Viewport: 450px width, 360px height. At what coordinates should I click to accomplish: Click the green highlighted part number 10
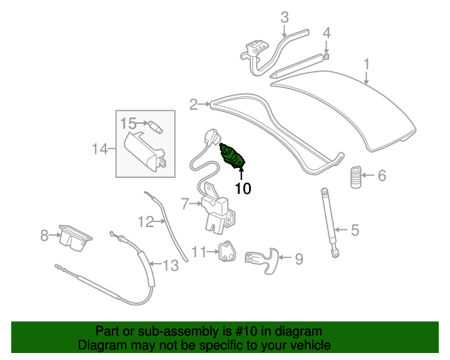click(233, 157)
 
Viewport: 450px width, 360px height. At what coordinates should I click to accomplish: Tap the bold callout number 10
click(243, 188)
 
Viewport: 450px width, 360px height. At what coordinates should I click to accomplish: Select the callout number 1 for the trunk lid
click(366, 65)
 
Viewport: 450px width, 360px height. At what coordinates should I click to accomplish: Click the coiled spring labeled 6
click(356, 177)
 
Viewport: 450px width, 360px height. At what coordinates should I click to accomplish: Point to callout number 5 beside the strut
click(355, 230)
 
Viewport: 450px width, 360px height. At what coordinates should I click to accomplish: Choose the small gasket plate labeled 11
click(227, 252)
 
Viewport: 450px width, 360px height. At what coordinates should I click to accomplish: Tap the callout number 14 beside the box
click(100, 149)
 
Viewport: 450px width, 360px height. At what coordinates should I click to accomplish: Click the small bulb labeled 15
click(155, 127)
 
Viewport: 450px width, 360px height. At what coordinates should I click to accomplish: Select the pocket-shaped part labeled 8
click(75, 238)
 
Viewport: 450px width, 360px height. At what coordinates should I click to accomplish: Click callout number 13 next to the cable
click(170, 264)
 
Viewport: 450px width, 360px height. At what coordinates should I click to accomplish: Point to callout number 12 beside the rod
click(146, 221)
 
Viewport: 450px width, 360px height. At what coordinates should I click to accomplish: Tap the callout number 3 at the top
click(284, 18)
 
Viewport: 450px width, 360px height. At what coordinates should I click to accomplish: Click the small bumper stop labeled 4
click(326, 56)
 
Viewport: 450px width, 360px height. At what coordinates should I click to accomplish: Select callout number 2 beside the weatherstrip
click(193, 105)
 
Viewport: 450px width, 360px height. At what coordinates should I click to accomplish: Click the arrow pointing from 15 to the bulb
click(142, 123)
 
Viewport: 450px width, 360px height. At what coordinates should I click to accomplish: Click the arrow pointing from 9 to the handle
click(285, 257)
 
